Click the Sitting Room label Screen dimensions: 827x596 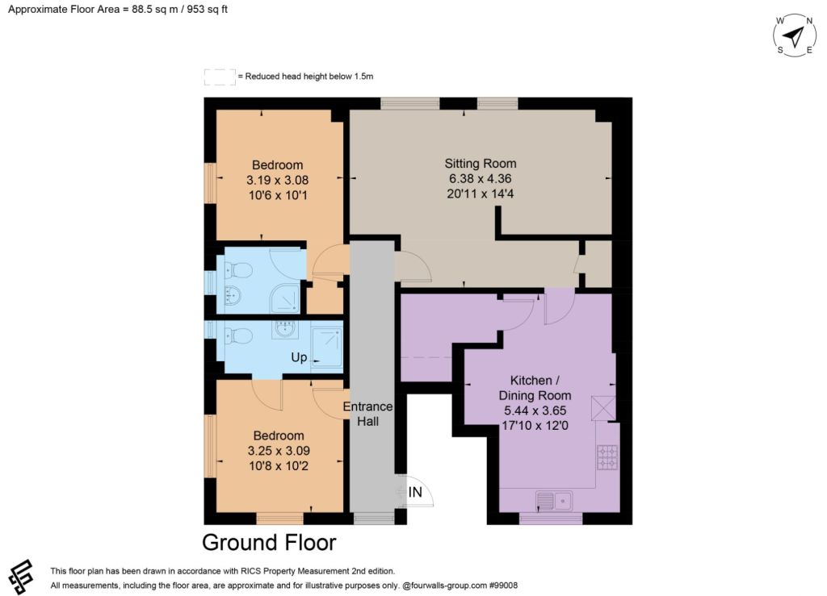tap(480, 163)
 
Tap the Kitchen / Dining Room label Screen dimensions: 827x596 tap(535, 387)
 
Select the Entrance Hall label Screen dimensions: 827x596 tap(367, 414)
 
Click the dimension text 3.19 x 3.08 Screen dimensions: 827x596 tap(278, 180)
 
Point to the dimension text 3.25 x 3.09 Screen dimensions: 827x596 tap(279, 451)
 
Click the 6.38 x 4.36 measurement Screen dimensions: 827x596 tap(480, 178)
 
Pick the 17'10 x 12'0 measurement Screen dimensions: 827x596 tap(535, 425)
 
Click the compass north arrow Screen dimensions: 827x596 tap(793, 36)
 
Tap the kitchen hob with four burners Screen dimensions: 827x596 tap(607, 457)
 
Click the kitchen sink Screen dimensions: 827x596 tap(554, 500)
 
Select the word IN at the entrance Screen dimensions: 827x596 tap(415, 492)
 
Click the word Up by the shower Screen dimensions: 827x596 tap(299, 357)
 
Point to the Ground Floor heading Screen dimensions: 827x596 tap(269, 542)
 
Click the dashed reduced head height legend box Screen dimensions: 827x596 tap(220, 77)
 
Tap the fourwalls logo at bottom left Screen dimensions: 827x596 tap(21, 577)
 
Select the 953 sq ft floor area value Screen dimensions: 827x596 tap(208, 10)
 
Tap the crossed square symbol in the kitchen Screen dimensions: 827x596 tap(603, 408)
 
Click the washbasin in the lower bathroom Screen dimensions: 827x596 tap(285, 330)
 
